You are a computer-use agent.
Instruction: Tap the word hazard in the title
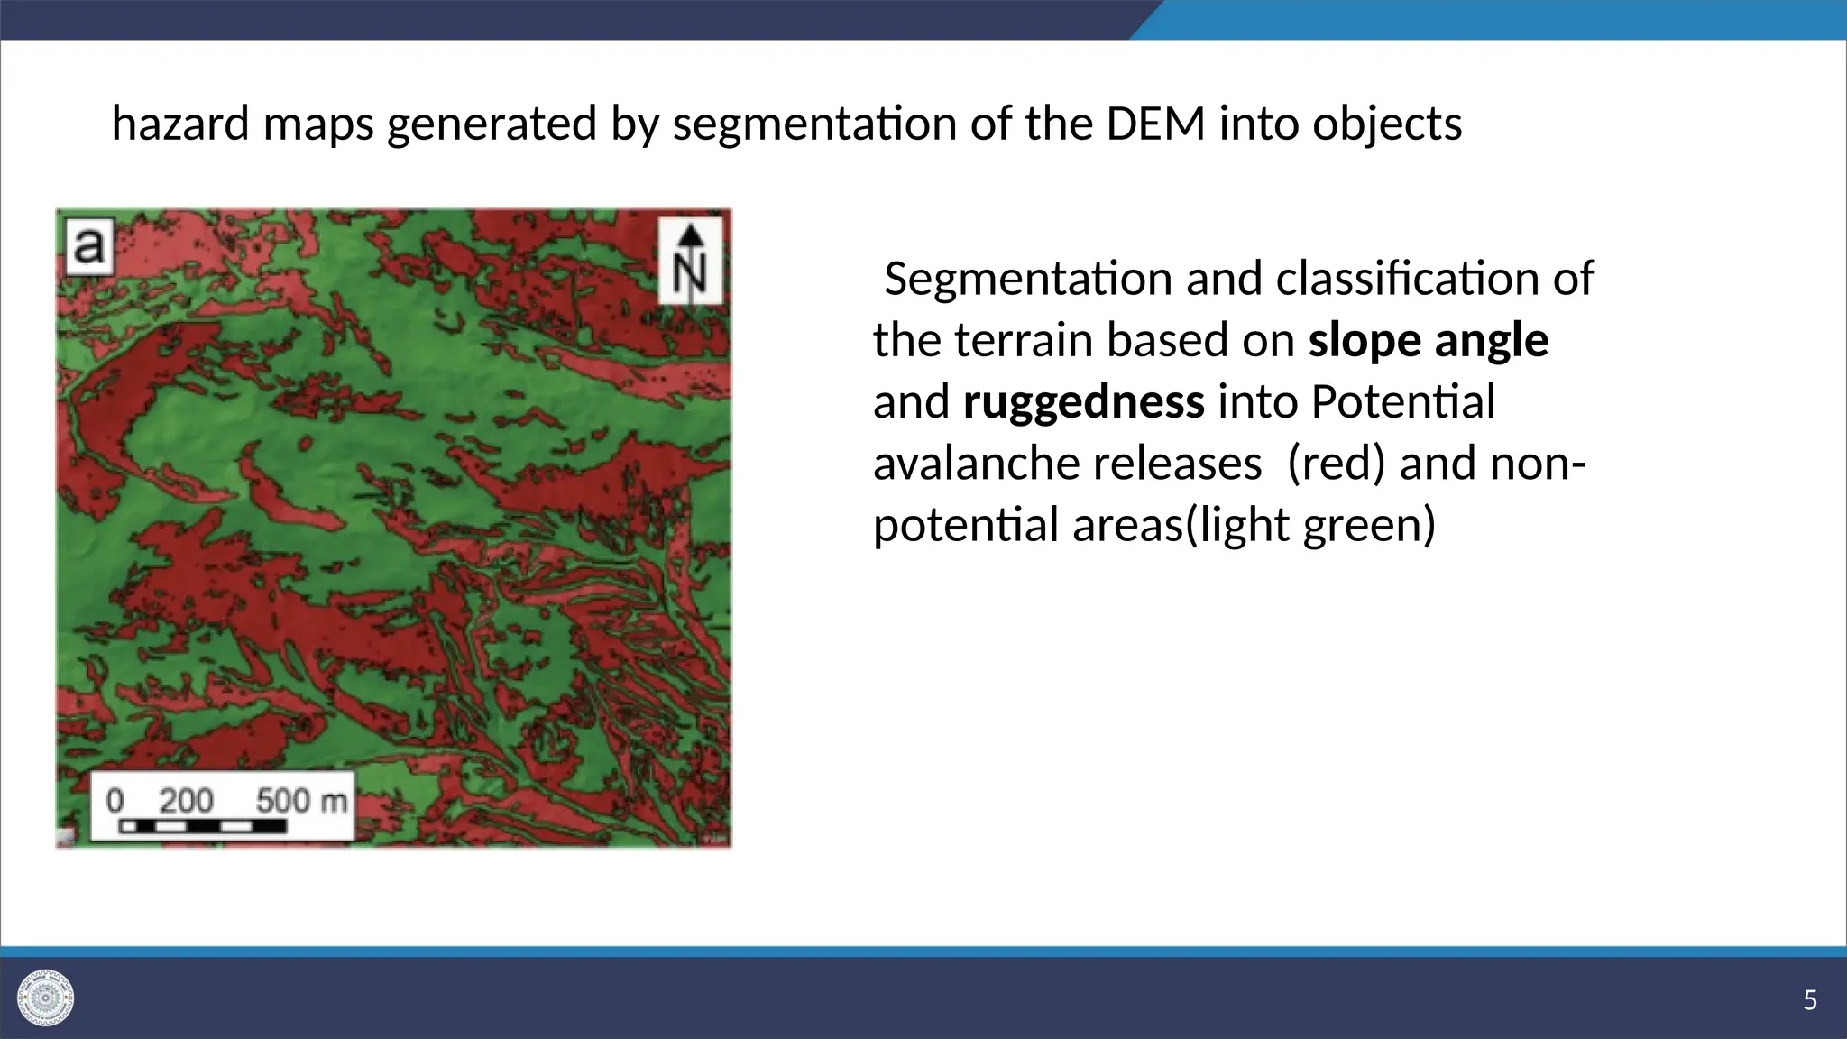[179, 124]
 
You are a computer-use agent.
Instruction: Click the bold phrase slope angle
[1429, 341]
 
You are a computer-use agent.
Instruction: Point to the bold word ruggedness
[1083, 402]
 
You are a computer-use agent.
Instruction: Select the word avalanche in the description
[974, 464]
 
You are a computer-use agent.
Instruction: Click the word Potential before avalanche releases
[1402, 402]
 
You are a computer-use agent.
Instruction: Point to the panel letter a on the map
[88, 245]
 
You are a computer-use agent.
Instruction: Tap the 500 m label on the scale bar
[301, 799]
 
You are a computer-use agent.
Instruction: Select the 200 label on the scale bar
[186, 799]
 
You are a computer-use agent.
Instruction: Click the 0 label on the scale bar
[115, 799]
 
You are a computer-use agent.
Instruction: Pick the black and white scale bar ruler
[203, 825]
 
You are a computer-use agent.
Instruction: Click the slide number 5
[1809, 1000]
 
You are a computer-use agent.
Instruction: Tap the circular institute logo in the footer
[46, 998]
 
